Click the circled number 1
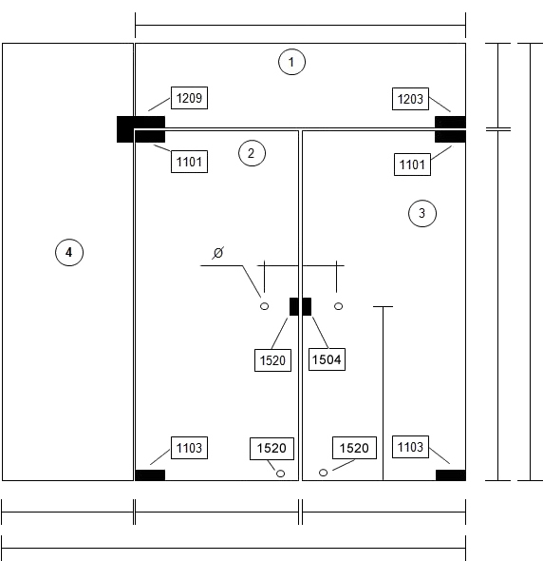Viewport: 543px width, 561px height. [291, 62]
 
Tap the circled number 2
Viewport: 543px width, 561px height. [252, 153]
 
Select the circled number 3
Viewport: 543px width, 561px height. [422, 213]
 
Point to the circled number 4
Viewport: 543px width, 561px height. [69, 252]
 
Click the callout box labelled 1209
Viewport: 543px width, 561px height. [189, 98]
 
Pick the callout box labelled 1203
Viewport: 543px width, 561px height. [410, 99]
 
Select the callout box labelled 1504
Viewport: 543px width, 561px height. [327, 359]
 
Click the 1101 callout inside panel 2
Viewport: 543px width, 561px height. [189, 162]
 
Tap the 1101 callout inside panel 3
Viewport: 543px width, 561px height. [412, 164]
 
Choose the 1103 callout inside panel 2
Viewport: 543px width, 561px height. [189, 448]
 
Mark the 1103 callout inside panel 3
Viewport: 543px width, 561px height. [410, 447]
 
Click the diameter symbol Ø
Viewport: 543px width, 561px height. [218, 253]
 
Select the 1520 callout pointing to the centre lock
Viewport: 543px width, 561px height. [273, 360]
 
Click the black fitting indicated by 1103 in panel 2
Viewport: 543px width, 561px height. [150, 475]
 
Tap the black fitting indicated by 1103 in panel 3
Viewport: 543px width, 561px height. [451, 475]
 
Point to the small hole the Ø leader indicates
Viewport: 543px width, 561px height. [264, 306]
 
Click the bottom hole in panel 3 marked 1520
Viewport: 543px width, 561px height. [323, 473]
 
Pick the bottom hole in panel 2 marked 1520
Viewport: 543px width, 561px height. [280, 474]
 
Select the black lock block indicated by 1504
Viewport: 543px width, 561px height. [307, 306]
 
